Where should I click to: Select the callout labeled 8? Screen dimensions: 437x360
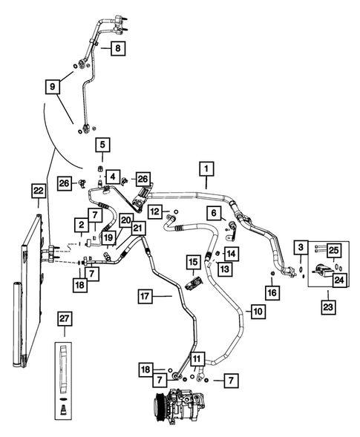tap(119, 49)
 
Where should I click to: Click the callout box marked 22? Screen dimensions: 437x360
tap(39, 191)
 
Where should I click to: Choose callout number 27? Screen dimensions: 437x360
tap(65, 319)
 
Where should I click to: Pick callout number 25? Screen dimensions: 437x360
tap(334, 250)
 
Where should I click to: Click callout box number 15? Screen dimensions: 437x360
tap(192, 263)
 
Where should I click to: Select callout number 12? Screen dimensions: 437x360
tap(154, 212)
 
